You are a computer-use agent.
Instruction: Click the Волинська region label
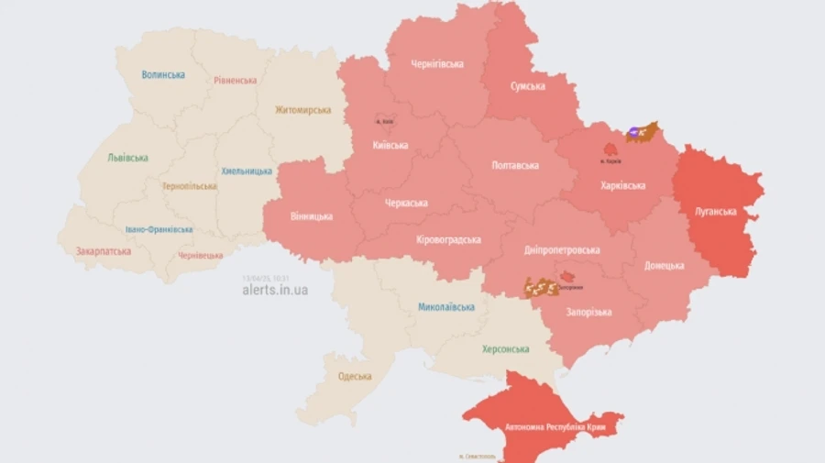click(x=163, y=75)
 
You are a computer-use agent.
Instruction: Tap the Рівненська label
click(x=235, y=81)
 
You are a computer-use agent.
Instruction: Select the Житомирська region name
click(x=302, y=110)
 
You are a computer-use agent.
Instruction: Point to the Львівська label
click(x=127, y=158)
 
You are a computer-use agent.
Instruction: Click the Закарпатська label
click(x=104, y=250)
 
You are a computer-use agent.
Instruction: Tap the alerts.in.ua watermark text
click(x=275, y=290)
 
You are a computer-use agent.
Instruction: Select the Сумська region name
click(x=527, y=86)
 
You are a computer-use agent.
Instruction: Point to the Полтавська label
click(x=515, y=166)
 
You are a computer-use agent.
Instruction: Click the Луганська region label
click(x=715, y=212)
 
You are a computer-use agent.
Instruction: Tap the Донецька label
click(x=664, y=266)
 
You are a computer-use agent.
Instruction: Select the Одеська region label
click(x=354, y=376)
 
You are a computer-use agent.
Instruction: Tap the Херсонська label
click(x=506, y=349)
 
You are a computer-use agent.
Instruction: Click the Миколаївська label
click(x=445, y=307)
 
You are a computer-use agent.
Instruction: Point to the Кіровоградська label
click(x=448, y=239)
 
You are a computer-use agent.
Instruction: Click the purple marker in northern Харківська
click(x=633, y=134)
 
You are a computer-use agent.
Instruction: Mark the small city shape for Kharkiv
click(x=609, y=148)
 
